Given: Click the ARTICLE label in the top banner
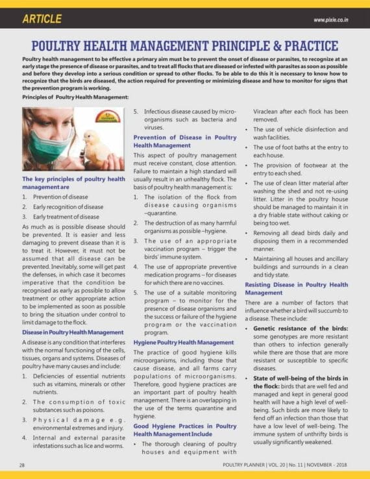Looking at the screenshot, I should pyautogui.click(x=42, y=19).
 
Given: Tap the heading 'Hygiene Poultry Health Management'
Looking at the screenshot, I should pyautogui.click(x=183, y=342).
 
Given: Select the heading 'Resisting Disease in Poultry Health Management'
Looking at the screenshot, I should pyautogui.click(x=296, y=288).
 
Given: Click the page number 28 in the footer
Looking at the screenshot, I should pyautogui.click(x=21, y=465).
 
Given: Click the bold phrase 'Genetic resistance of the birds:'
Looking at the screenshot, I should pyautogui.click(x=300, y=328).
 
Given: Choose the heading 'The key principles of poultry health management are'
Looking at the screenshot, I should pyautogui.click(x=73, y=182).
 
